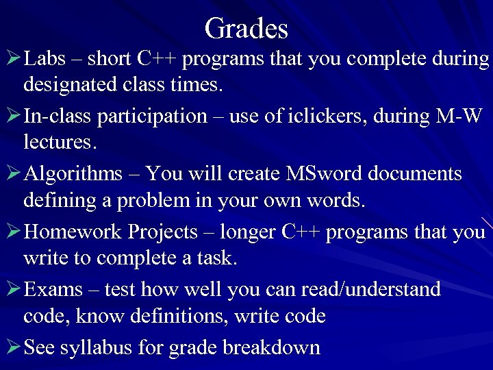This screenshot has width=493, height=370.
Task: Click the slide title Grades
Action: coord(246,29)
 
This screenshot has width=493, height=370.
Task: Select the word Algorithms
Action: coord(73,175)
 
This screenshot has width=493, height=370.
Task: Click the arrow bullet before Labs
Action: coord(12,60)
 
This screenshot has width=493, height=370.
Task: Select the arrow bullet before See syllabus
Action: coord(12,347)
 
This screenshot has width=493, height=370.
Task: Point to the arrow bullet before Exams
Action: coord(12,290)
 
